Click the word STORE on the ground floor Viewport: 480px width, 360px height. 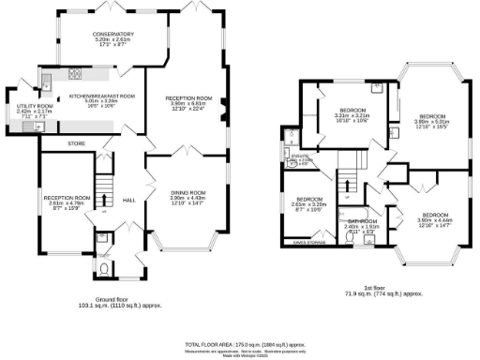pos(76,143)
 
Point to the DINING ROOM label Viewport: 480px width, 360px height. pos(187,192)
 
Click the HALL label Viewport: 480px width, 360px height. pos(130,201)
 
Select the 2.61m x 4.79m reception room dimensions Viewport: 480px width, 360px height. pos(67,204)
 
